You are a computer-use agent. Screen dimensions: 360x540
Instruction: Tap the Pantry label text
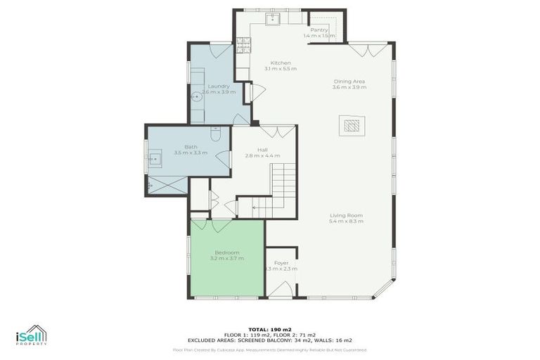tap(320, 30)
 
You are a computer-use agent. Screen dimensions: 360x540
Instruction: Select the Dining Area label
tap(349, 81)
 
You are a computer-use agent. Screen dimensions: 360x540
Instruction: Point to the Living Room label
tap(346, 215)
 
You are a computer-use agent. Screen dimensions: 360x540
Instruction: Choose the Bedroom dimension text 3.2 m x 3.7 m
tap(226, 259)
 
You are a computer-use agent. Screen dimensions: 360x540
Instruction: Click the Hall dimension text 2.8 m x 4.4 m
tap(262, 155)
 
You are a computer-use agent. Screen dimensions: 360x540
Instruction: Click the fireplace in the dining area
tap(351, 125)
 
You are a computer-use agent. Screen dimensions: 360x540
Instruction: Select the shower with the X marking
tap(167, 185)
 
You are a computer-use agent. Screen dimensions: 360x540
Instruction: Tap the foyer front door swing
tap(285, 289)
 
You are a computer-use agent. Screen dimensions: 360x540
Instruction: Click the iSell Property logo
tap(32, 335)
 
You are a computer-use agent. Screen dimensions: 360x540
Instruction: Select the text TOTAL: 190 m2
tap(270, 329)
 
